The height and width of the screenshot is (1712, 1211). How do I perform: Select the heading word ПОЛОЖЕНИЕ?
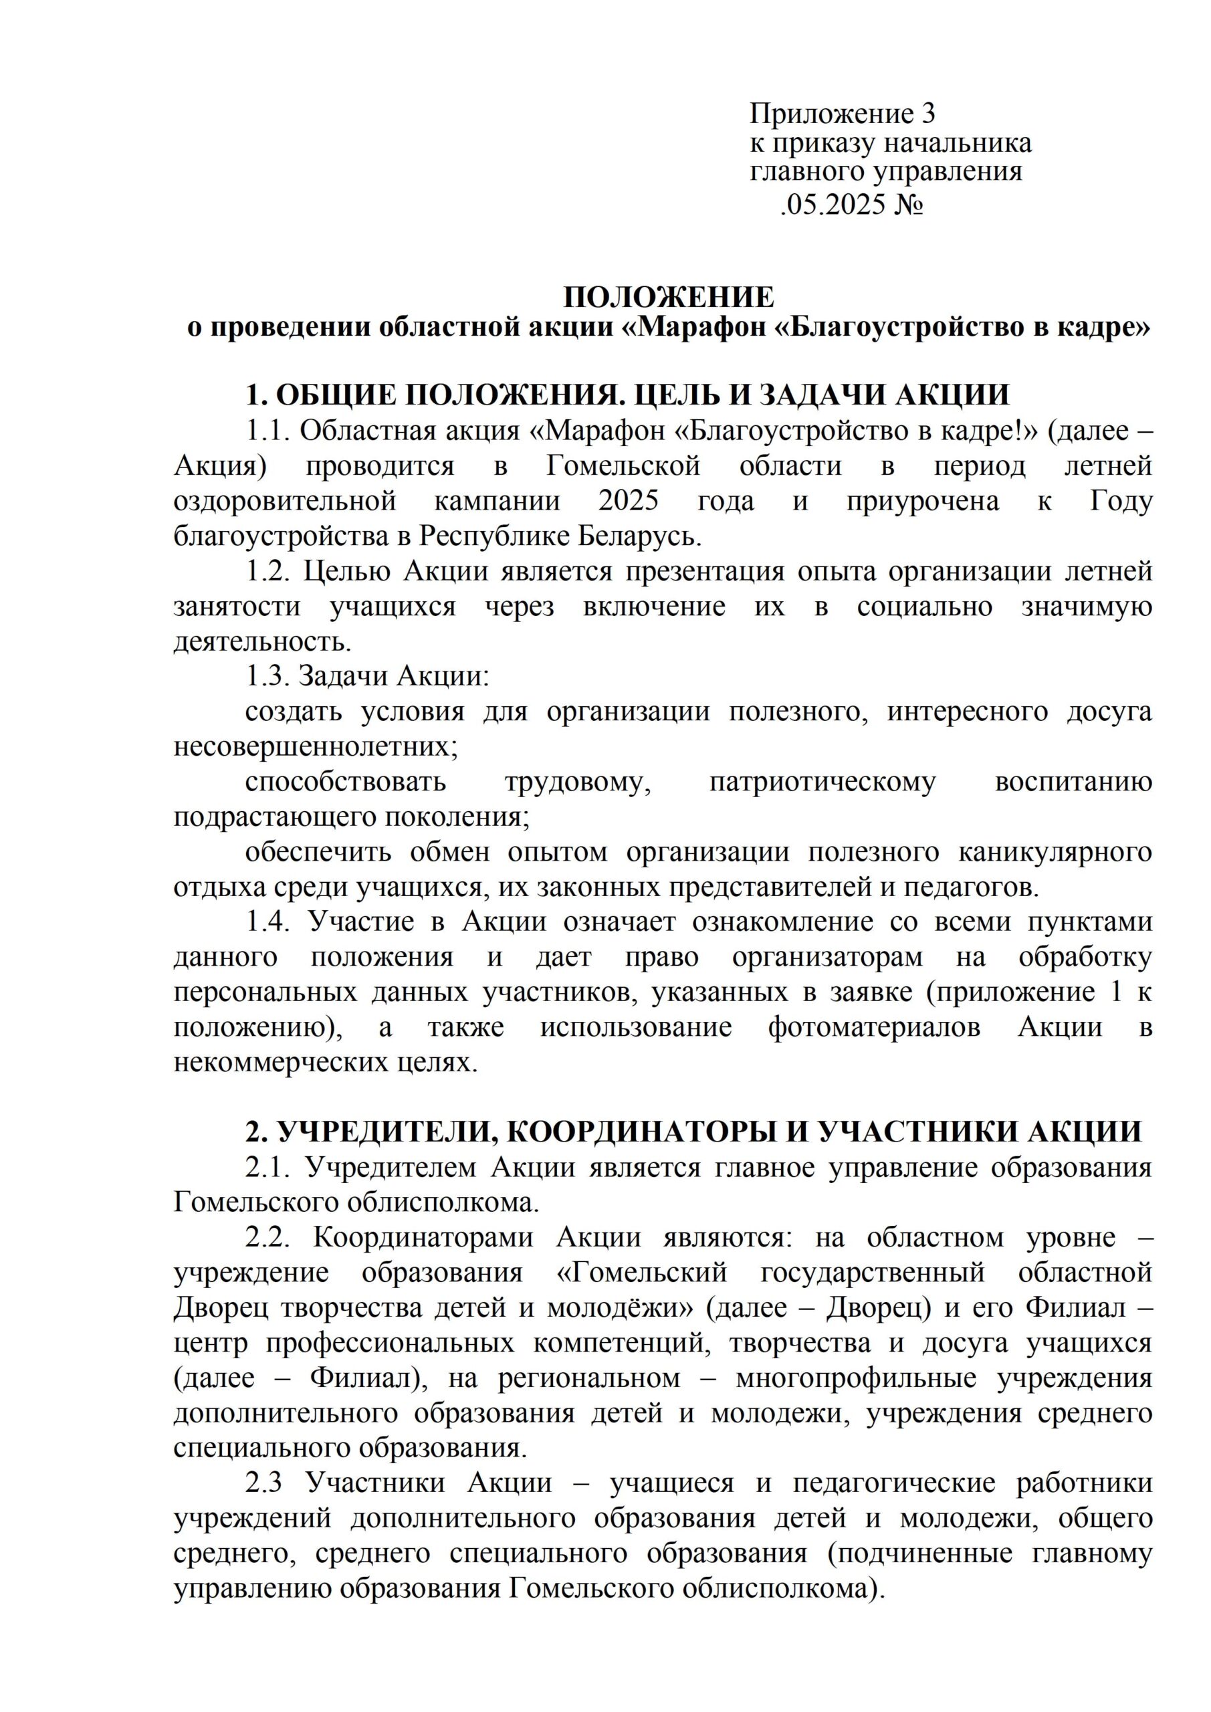coord(669,298)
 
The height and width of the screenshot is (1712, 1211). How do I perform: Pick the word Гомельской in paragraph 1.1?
coord(623,466)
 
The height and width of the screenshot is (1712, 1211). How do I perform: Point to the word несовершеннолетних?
coord(316,746)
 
